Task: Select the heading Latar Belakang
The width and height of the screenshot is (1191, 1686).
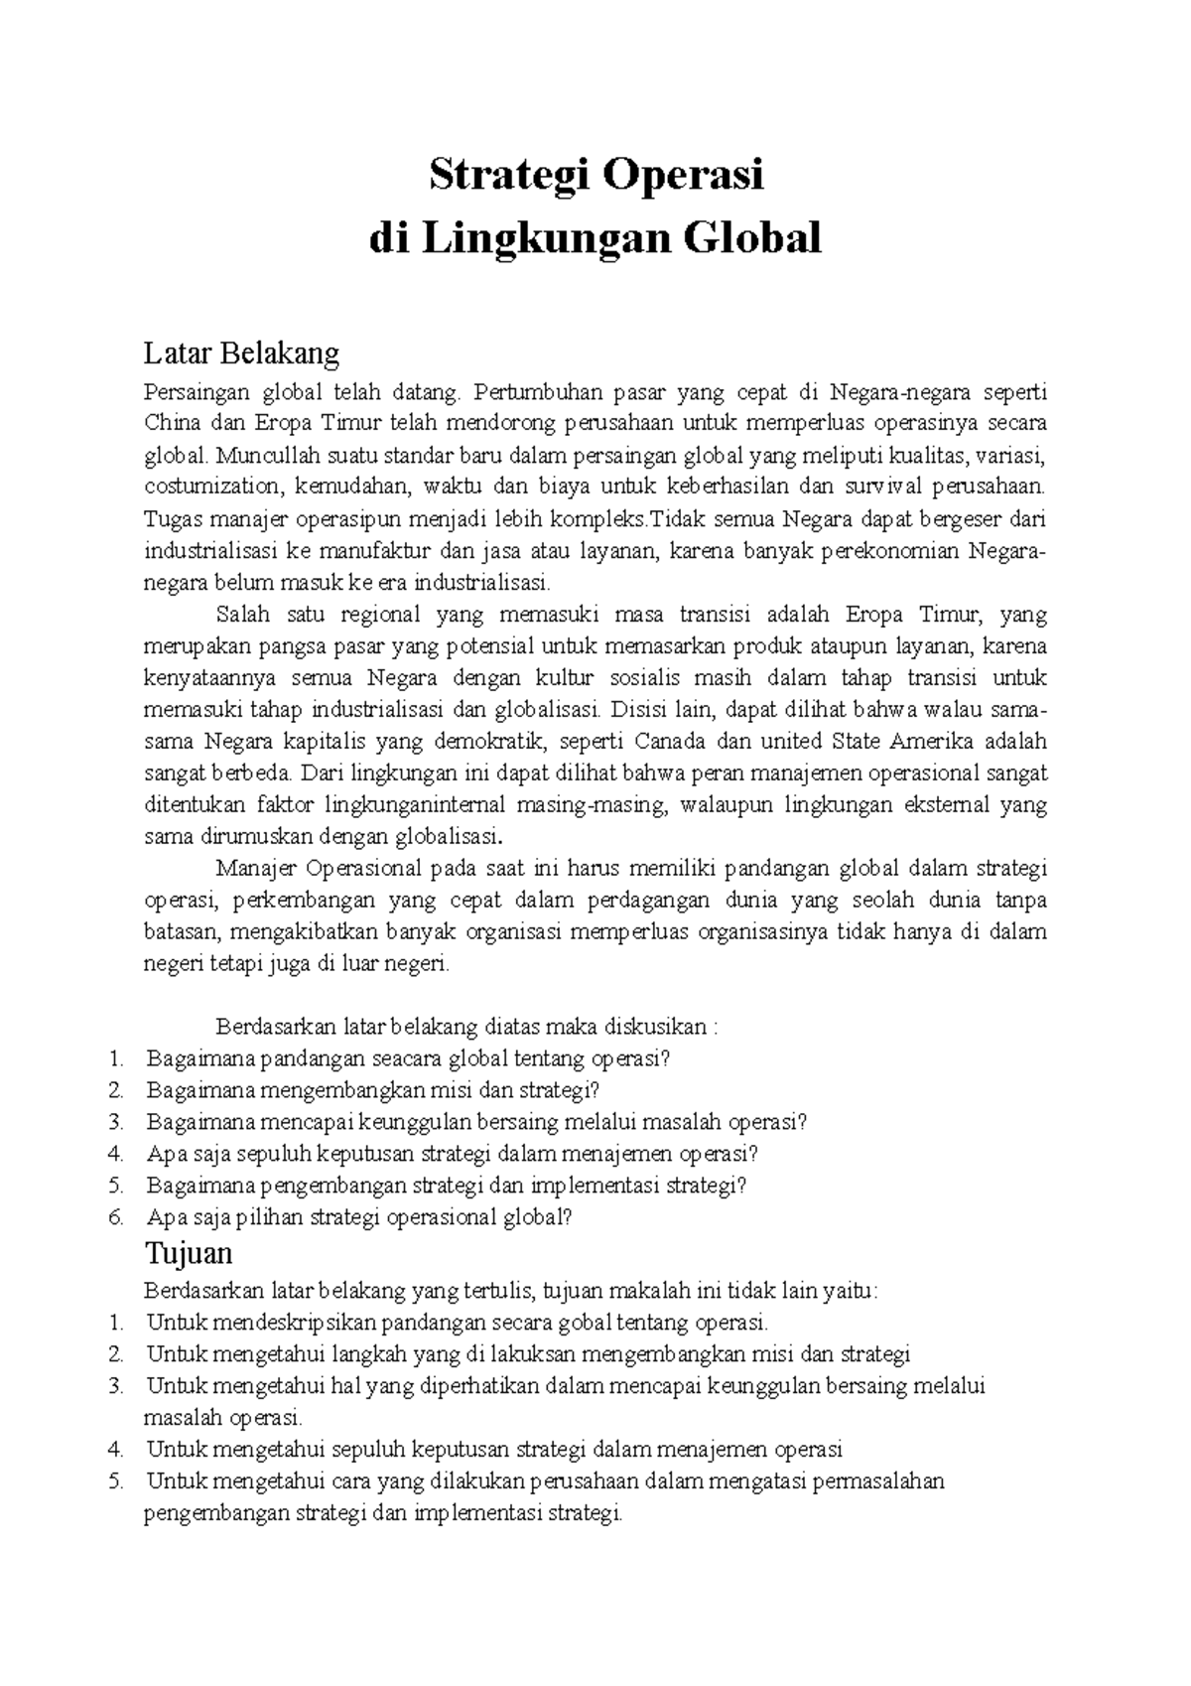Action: click(x=241, y=352)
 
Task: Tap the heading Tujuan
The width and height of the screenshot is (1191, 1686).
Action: click(x=189, y=1253)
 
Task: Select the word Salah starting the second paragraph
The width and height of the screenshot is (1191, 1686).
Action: click(x=242, y=615)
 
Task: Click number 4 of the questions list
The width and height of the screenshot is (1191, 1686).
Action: click(x=116, y=1154)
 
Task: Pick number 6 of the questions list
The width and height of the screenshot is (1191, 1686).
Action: click(x=116, y=1217)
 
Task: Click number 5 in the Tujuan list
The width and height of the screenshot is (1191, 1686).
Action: click(x=116, y=1482)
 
